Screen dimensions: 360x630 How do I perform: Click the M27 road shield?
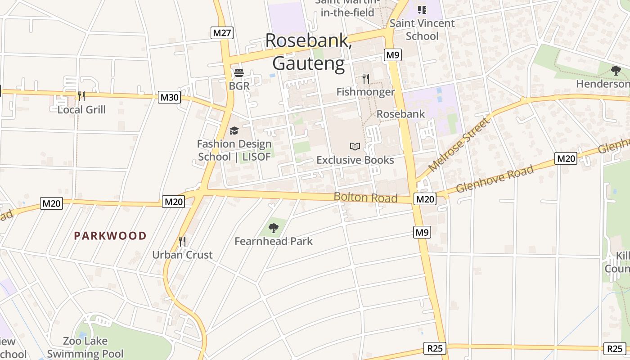[222, 32]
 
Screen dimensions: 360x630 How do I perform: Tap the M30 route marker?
[169, 97]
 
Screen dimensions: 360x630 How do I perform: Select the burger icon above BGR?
[238, 73]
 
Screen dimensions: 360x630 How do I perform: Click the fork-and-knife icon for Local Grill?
[81, 96]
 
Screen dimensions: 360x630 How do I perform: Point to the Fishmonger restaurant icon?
[366, 79]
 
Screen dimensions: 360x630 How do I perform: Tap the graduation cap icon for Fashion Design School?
[234, 130]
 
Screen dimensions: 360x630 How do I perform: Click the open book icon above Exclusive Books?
[355, 146]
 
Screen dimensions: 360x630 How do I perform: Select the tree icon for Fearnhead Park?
[273, 228]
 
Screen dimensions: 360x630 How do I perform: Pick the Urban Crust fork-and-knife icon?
[182, 242]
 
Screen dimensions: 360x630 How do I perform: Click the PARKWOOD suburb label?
[110, 236]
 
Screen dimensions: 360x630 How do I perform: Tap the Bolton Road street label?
[365, 198]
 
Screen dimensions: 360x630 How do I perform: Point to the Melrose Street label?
[458, 144]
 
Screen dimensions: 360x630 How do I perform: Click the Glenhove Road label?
[495, 179]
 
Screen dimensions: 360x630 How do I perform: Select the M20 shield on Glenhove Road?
[566, 158]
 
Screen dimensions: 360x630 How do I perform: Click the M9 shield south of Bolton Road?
[422, 232]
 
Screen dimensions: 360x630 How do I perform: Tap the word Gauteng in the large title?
[308, 63]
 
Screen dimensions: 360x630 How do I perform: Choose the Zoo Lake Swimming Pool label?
[85, 347]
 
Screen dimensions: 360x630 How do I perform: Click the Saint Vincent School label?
[422, 29]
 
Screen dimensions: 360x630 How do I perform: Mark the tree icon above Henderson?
[616, 71]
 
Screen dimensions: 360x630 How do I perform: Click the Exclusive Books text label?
[355, 160]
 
